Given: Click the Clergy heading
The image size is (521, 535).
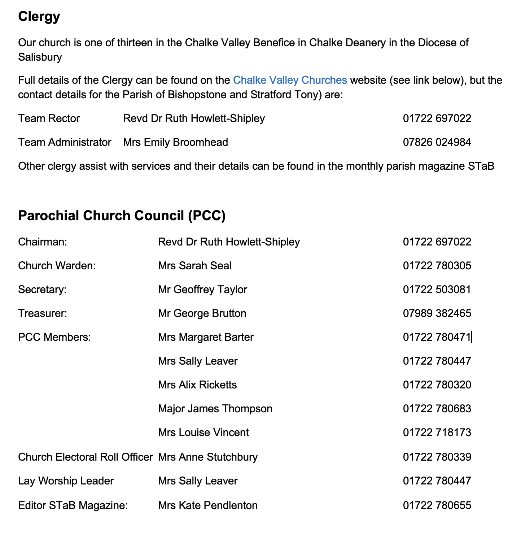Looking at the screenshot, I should (x=39, y=17).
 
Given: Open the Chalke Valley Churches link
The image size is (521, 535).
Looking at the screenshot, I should (x=290, y=80).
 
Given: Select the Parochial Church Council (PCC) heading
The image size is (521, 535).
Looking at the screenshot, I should (x=122, y=216).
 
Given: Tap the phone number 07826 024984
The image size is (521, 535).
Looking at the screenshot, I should (x=437, y=142).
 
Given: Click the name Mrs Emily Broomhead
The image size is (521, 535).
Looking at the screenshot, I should (x=175, y=142).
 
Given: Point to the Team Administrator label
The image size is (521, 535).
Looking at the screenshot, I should (x=65, y=142).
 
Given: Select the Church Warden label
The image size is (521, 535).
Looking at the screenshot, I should (x=57, y=266).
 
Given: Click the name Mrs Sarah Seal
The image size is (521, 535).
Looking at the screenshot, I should (x=194, y=266).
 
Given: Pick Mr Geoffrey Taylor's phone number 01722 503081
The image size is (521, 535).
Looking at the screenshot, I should (x=437, y=290).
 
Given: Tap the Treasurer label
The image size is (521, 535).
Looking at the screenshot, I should (x=43, y=313).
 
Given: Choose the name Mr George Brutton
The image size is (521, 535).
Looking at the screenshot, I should (x=202, y=313).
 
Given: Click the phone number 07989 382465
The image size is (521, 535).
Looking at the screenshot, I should (x=437, y=313).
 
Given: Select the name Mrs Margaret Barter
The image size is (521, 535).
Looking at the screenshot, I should (x=206, y=337).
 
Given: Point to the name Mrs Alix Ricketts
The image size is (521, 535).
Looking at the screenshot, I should (x=197, y=385).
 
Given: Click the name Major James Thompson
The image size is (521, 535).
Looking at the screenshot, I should (x=215, y=409).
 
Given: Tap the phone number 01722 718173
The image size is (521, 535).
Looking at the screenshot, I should (x=437, y=432).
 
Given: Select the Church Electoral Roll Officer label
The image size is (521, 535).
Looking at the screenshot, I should (x=86, y=457).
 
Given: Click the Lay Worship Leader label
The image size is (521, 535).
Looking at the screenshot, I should (x=66, y=481).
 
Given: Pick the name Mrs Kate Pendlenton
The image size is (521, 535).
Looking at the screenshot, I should (x=208, y=505).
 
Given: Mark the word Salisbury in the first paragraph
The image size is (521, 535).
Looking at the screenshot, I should (x=40, y=57).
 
